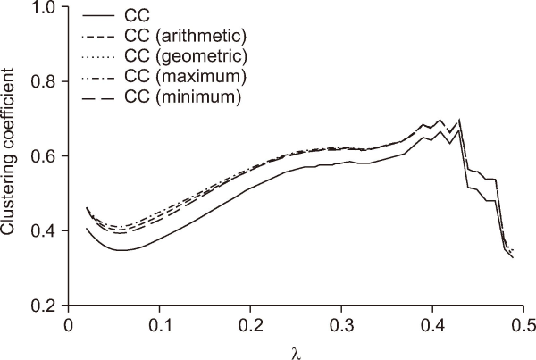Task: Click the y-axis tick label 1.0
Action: click(x=45, y=8)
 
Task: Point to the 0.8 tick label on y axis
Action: click(x=45, y=82)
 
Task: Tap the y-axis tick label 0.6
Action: click(x=45, y=156)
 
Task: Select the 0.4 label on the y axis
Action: click(x=45, y=231)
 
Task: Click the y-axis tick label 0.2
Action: click(x=45, y=306)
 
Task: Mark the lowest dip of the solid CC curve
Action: click(x=121, y=250)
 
